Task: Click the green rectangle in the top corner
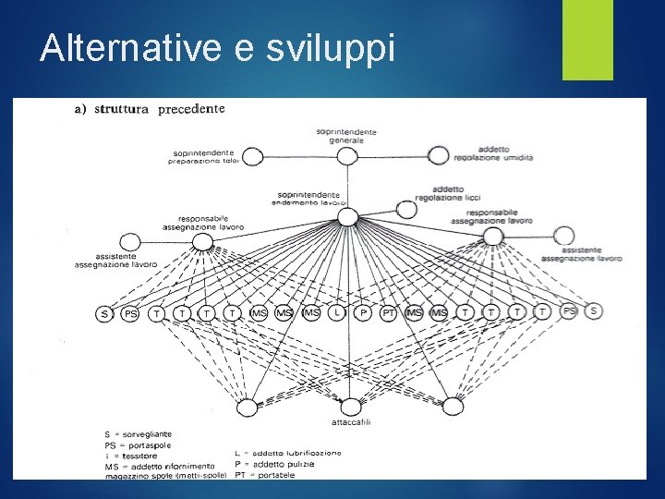pos(587,40)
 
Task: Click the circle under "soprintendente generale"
pos(346,156)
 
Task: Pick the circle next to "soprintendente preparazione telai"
pos(252,156)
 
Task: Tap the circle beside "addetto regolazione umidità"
pos(439,155)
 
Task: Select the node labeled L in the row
pos(338,314)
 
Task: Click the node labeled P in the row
pos(364,314)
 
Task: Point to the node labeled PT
pos(389,314)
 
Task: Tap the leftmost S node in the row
pos(105,314)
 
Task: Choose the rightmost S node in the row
pos(593,311)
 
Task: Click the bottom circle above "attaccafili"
pos(351,407)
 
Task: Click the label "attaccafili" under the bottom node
pos(351,422)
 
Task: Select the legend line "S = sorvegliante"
pos(138,433)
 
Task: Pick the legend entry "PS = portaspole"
pos(138,444)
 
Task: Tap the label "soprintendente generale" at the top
pos(346,136)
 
